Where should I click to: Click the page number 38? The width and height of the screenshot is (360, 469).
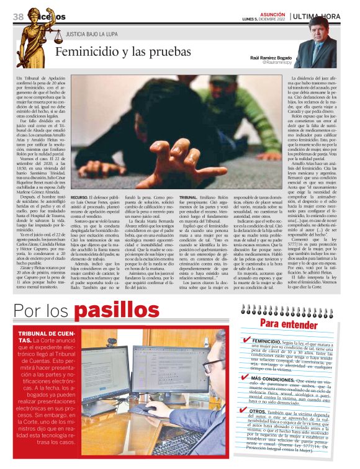coord(19,16)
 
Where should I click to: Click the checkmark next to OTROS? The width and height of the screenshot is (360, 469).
coord(247,411)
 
